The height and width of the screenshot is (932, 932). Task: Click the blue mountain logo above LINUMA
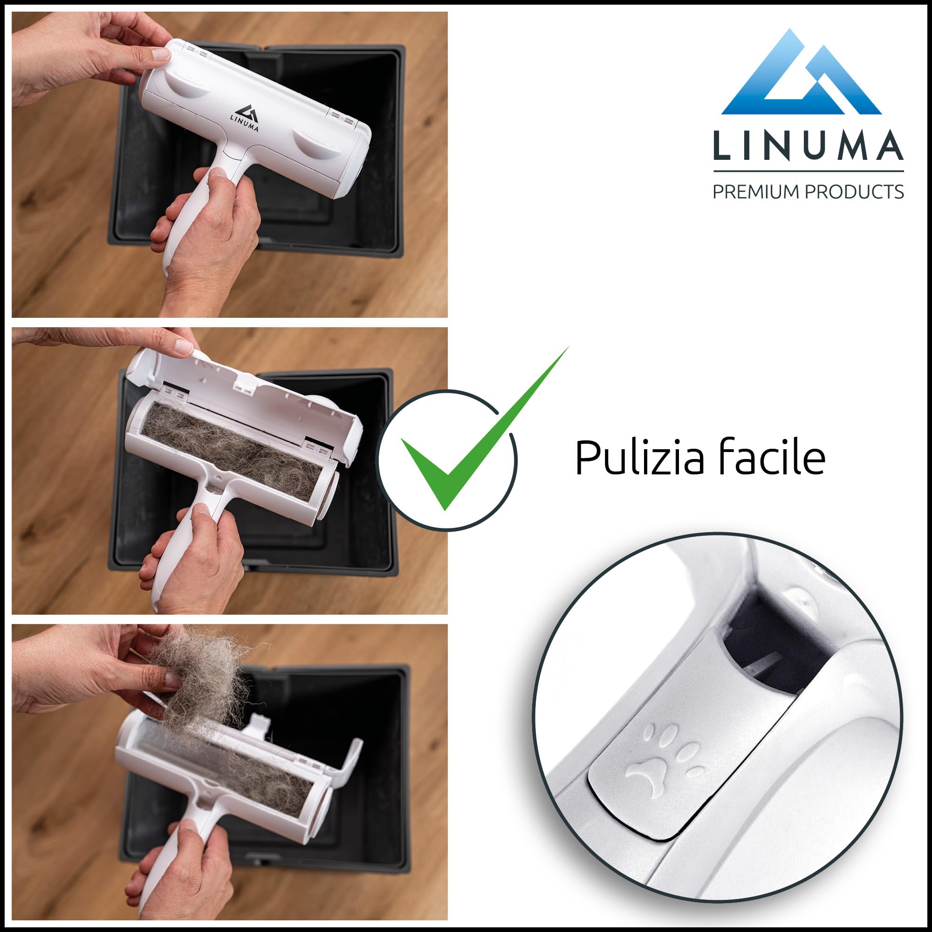[x=801, y=77]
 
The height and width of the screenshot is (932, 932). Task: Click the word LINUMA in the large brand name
[x=808, y=145]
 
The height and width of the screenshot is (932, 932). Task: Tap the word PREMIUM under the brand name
[x=755, y=192]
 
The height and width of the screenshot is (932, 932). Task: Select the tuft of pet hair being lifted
[x=203, y=675]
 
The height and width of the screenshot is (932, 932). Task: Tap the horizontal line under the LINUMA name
[x=808, y=171]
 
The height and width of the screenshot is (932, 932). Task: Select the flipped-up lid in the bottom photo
[x=350, y=762]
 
